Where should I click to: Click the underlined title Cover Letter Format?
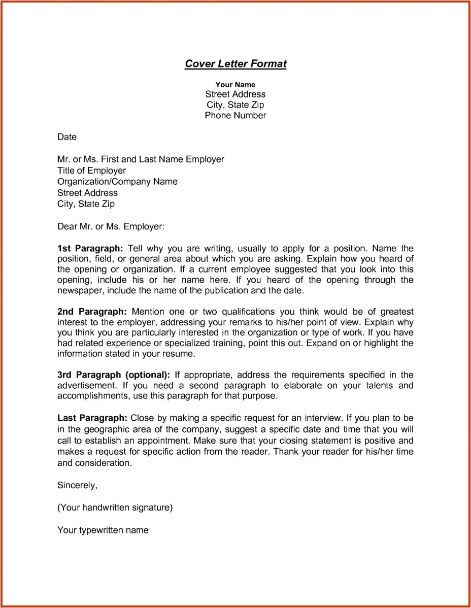click(x=236, y=64)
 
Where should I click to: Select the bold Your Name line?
click(x=235, y=85)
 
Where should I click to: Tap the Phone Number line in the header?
click(x=235, y=116)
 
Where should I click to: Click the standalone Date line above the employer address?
click(x=67, y=137)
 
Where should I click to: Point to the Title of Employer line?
click(x=91, y=171)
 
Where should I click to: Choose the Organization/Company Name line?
click(x=117, y=182)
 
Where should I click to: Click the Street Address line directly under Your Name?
click(x=235, y=94)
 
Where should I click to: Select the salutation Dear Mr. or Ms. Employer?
click(x=111, y=226)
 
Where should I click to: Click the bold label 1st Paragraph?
click(x=90, y=249)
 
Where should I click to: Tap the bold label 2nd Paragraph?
click(x=92, y=312)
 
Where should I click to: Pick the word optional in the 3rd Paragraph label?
click(x=147, y=375)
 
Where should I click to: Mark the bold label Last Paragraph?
click(x=92, y=418)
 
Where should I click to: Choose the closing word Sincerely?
click(x=77, y=485)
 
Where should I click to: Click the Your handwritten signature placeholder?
click(x=115, y=508)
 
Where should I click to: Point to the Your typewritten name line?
click(x=103, y=530)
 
